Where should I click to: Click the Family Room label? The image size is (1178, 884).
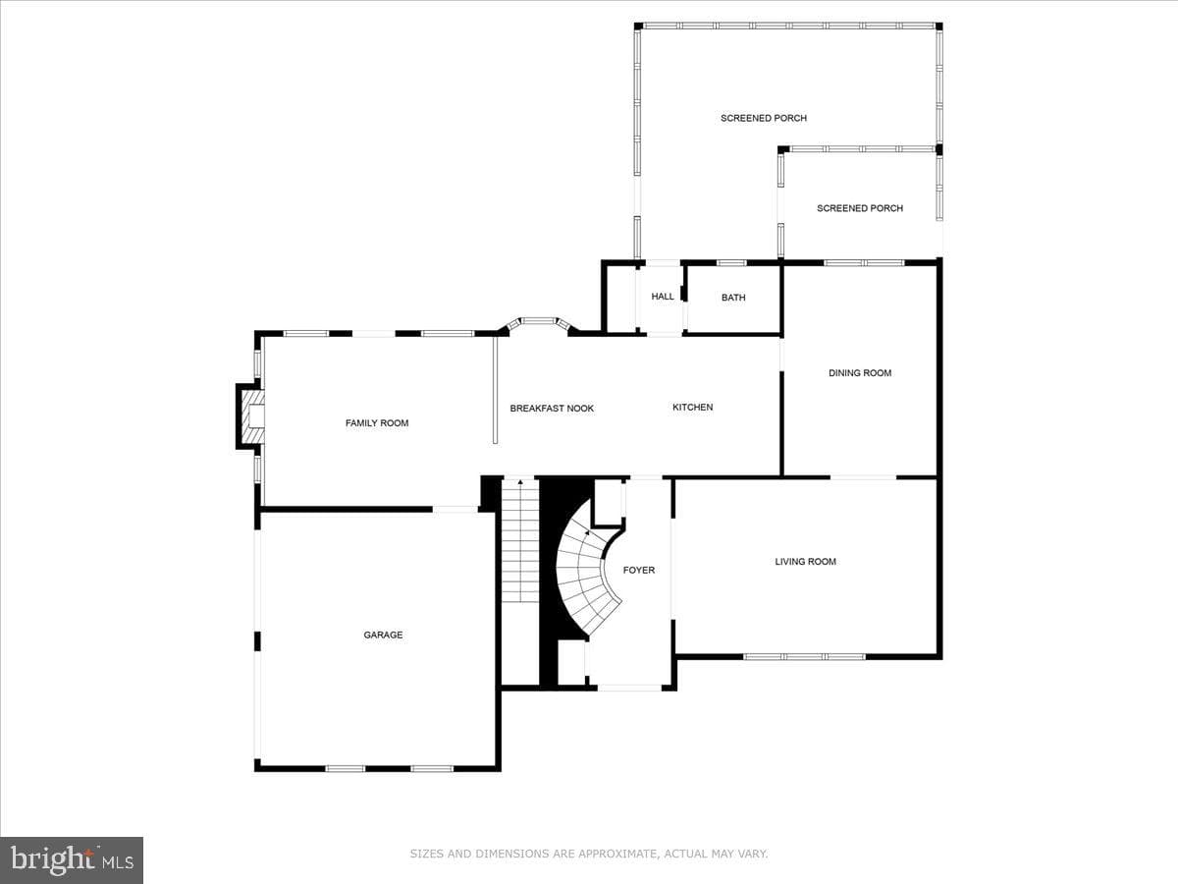[377, 423]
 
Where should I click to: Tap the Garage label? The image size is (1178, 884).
[383, 635]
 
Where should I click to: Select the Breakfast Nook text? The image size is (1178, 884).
[552, 409]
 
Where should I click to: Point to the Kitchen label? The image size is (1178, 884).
[692, 408]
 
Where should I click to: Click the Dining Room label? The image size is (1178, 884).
[860, 373]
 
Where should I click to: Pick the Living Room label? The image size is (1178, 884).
[805, 562]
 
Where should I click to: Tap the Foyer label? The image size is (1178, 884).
[639, 570]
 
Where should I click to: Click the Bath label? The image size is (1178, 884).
[733, 298]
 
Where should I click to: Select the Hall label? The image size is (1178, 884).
[663, 297]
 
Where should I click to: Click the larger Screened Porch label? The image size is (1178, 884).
[763, 118]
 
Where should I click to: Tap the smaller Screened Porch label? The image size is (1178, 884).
[860, 208]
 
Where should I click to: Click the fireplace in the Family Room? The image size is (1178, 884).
[251, 416]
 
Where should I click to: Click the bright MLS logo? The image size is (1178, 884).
[72, 859]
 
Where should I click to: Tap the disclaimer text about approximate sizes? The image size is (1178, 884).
[589, 853]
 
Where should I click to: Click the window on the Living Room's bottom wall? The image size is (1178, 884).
[804, 656]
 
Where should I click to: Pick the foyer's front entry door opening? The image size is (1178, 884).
[629, 688]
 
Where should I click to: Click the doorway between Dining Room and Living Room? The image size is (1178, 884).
[863, 477]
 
